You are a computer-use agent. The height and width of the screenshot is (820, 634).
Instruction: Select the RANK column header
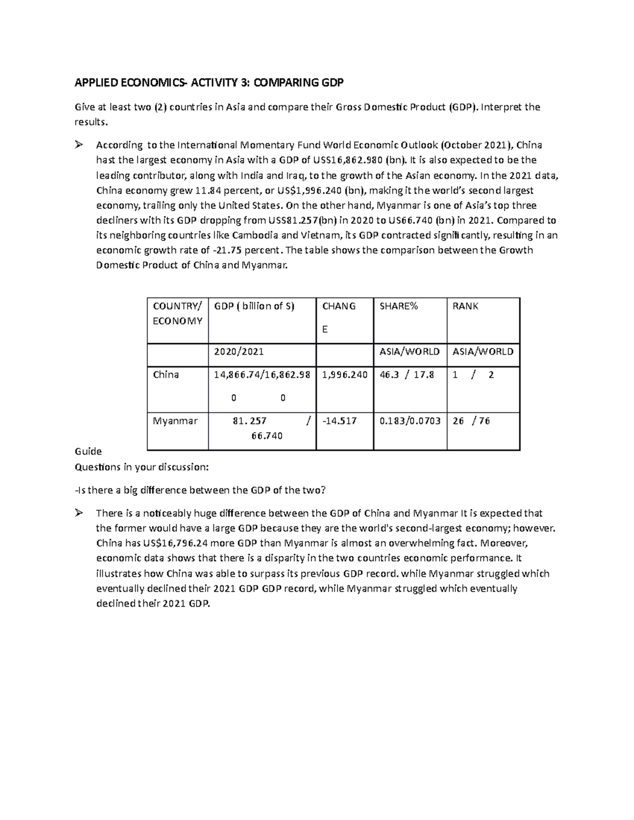[465, 306]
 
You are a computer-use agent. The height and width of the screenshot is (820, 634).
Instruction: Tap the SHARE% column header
[398, 306]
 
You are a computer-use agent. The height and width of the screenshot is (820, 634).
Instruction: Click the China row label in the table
[166, 375]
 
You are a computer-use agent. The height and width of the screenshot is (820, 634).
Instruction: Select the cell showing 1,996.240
[344, 375]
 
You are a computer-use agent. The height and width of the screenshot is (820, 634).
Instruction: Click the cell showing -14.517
[339, 421]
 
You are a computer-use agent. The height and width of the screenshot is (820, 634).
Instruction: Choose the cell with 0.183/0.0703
[410, 421]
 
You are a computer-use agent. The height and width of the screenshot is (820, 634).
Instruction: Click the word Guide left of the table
[88, 451]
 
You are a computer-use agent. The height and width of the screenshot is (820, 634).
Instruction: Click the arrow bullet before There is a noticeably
[80, 513]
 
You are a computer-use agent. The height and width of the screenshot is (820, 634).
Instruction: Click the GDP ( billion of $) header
[254, 306]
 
